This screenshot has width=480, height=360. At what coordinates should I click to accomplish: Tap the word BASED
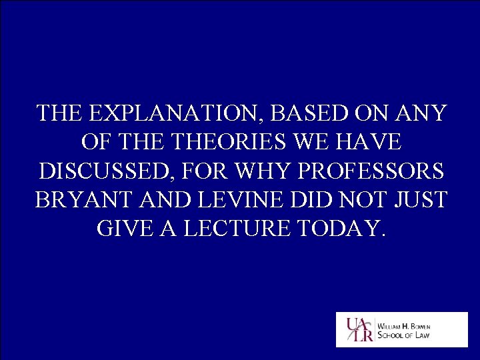click(307, 113)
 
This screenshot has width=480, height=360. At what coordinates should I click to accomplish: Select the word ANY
click(420, 113)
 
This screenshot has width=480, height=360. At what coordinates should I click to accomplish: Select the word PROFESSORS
click(371, 171)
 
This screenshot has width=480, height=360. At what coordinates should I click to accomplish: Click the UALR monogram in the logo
click(357, 329)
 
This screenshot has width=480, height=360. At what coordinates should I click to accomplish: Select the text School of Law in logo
click(405, 335)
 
